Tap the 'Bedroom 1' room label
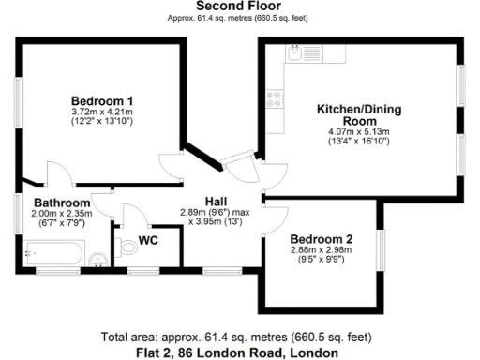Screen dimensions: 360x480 click(x=102, y=100)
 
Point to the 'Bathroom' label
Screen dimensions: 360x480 click(x=62, y=202)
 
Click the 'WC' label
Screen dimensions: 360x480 click(x=148, y=241)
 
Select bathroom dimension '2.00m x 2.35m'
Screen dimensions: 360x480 click(x=62, y=214)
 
